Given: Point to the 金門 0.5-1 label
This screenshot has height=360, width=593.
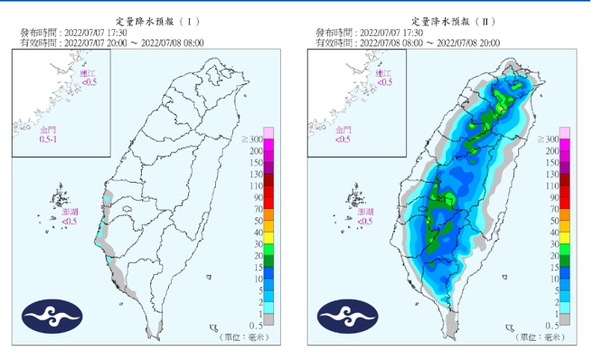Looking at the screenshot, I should [47, 137].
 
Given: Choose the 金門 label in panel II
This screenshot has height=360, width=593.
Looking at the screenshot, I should [343, 137].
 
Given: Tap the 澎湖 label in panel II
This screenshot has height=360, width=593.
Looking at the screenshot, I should [366, 215].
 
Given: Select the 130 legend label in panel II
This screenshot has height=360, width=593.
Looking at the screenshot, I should [551, 174].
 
